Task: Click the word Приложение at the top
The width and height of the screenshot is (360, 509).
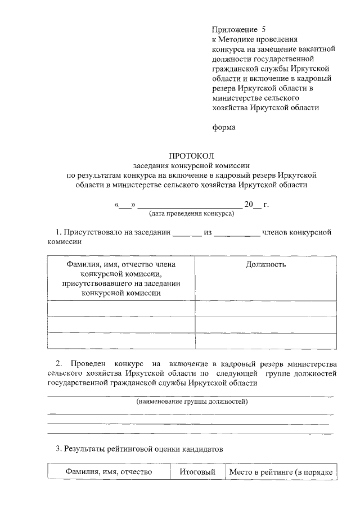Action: [232, 29]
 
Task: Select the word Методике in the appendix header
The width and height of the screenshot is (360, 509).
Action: [238, 39]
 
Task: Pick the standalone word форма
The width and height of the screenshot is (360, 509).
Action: [224, 127]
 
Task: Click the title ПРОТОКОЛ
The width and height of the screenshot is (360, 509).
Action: [192, 155]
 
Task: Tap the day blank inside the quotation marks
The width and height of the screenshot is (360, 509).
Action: [125, 205]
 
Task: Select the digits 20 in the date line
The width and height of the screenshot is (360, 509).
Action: [249, 205]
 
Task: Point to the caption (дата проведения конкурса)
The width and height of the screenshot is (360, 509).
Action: [191, 214]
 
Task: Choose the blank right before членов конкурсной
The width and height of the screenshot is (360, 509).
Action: [236, 232]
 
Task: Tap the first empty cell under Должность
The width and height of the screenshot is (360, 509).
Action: [266, 309]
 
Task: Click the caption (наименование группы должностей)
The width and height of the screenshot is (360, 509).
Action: [192, 402]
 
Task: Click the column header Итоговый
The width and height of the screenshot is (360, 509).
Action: [197, 472]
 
